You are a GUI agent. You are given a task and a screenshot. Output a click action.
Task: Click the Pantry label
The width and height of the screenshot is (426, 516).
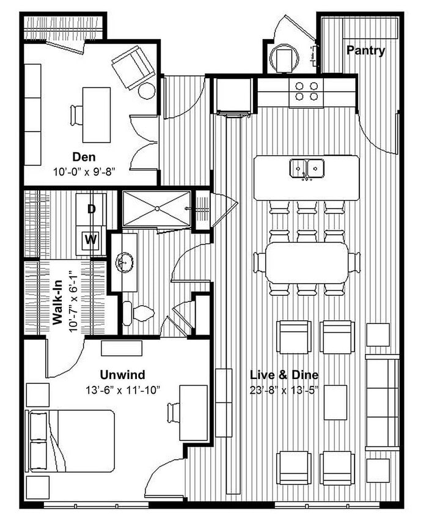(x=365, y=51)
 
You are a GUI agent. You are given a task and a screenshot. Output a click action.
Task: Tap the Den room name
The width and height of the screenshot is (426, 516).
(x=84, y=157)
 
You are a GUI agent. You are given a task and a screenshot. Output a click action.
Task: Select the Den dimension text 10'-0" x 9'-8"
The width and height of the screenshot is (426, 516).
(x=84, y=172)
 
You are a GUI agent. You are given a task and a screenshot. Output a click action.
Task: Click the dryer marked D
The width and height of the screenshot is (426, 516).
(x=91, y=208)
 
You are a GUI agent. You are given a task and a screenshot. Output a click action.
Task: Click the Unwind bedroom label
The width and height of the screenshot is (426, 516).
(x=123, y=375)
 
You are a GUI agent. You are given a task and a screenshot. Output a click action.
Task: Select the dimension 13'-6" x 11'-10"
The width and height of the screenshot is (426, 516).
(x=123, y=389)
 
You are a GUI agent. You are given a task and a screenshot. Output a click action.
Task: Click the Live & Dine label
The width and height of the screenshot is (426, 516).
(x=284, y=375)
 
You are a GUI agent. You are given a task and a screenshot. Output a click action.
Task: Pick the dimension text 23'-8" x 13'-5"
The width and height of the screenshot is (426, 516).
(x=284, y=389)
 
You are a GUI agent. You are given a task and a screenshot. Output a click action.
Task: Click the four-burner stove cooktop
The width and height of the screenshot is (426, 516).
(x=306, y=91)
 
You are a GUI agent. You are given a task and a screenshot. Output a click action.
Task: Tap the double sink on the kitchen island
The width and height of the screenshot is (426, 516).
(x=306, y=167)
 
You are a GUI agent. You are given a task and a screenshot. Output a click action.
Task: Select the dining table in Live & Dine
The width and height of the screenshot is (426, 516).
(x=307, y=262)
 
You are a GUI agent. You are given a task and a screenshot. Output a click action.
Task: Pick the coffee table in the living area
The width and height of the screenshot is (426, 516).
(x=335, y=402)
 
